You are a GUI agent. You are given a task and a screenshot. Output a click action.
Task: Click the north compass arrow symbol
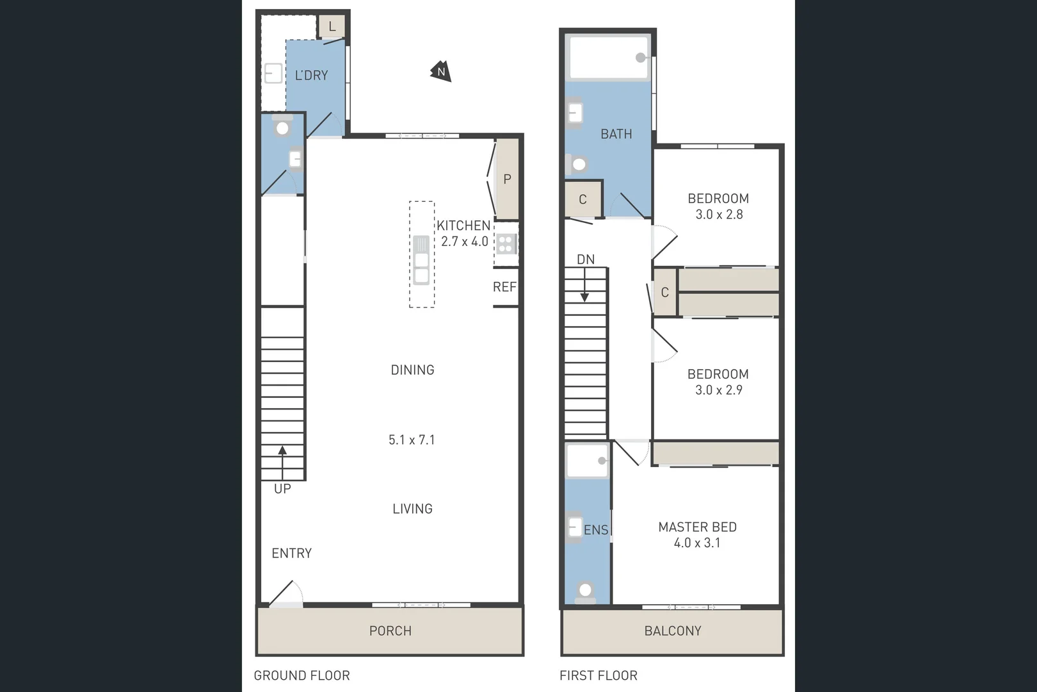click(x=441, y=72)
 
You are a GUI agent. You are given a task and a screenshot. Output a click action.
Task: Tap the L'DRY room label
click(x=311, y=76)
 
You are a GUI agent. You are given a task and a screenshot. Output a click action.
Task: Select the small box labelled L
click(x=332, y=27)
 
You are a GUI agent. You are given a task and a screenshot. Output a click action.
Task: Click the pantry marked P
click(x=507, y=179)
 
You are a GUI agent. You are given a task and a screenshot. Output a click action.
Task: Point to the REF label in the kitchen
click(x=504, y=287)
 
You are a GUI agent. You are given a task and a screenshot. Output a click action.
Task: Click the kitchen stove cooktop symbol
click(x=506, y=243)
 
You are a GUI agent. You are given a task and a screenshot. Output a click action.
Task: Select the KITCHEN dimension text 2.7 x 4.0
click(x=465, y=242)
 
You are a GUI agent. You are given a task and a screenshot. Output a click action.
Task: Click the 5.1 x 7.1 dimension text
click(x=412, y=440)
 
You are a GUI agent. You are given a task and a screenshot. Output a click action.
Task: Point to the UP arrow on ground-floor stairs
click(x=282, y=461)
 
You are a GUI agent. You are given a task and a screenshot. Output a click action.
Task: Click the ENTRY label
click(x=292, y=553)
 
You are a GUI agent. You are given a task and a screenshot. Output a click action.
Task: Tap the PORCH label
click(x=390, y=630)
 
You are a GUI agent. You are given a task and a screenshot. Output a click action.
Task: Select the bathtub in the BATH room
click(x=609, y=58)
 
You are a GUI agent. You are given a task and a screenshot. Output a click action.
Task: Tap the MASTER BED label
click(x=697, y=527)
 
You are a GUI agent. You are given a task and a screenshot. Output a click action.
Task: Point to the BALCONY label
click(x=672, y=630)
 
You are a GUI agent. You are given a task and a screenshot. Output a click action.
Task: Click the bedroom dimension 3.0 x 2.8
click(x=719, y=215)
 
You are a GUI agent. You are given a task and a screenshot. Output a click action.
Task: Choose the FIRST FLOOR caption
click(x=599, y=675)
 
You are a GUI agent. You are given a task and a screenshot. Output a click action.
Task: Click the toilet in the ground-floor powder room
click(x=282, y=127)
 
